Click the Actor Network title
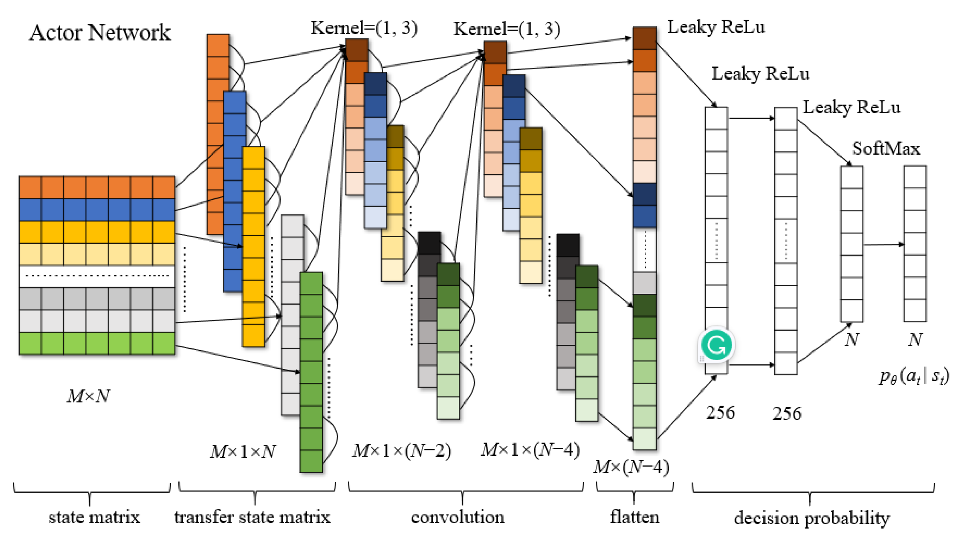100,33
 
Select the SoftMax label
886,149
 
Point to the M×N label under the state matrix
88,396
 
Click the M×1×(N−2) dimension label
402,451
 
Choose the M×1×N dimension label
243,452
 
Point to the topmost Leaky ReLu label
715,27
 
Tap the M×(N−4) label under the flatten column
631,467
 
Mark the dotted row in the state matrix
97,276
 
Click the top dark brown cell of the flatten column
644,38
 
